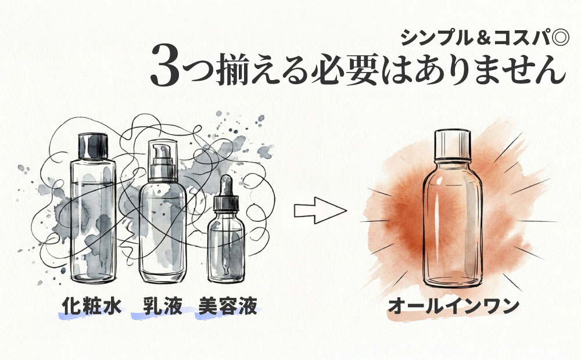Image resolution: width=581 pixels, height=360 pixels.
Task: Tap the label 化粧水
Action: (92, 307)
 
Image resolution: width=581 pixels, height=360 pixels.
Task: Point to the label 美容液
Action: (227, 307)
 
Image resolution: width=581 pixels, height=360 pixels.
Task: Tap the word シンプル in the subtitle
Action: (437, 38)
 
